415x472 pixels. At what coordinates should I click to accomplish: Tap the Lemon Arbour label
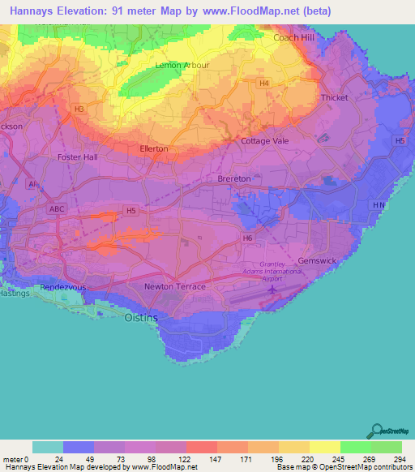182,65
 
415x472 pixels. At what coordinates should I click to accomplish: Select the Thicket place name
334,97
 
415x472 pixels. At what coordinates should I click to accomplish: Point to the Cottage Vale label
265,140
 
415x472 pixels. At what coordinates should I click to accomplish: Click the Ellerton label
154,149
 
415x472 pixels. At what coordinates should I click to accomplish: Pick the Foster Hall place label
79,157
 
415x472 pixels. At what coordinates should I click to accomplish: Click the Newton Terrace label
174,287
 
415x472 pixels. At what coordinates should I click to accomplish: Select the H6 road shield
247,238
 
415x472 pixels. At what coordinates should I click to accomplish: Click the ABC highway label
58,208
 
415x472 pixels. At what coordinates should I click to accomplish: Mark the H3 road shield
79,109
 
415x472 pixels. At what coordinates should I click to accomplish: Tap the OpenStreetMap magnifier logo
375,431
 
